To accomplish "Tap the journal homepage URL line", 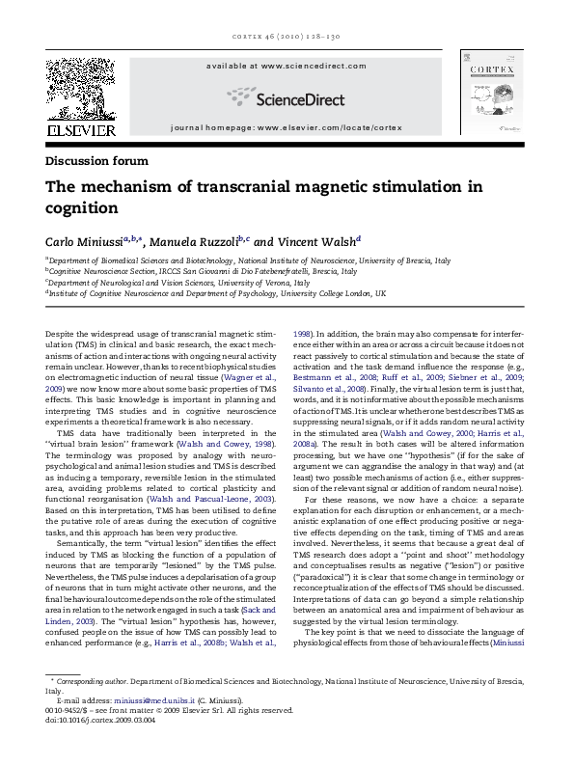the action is [x=287, y=128].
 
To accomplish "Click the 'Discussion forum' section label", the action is [x=96, y=160].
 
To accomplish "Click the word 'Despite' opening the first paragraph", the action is [x=60, y=334].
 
